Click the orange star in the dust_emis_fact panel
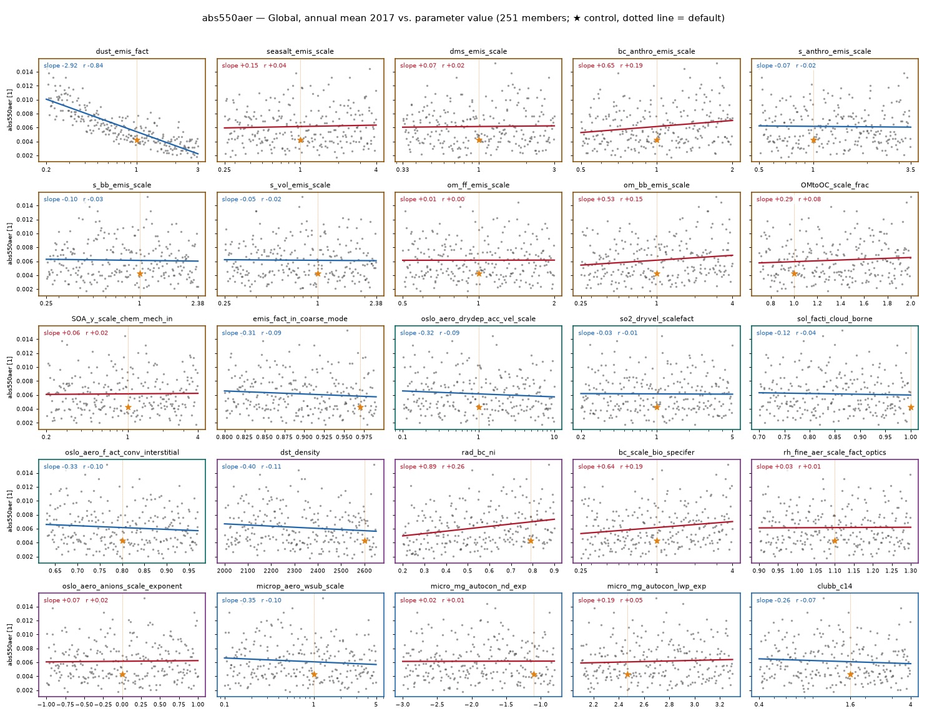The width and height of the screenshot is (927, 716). [137, 140]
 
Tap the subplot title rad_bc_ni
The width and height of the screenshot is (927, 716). [478, 452]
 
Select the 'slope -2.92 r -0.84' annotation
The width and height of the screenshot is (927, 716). [74, 66]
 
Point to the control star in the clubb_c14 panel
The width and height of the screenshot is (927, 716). [850, 675]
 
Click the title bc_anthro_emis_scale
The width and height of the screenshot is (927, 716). [657, 51]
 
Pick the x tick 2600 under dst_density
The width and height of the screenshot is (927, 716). [364, 571]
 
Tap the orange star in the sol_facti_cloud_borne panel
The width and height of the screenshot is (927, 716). [911, 407]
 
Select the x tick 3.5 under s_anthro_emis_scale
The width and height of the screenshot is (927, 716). [910, 170]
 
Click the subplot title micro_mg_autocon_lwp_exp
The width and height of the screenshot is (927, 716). [657, 586]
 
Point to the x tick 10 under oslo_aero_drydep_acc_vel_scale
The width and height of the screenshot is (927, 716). [554, 437]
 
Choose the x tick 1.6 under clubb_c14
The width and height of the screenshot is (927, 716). [850, 705]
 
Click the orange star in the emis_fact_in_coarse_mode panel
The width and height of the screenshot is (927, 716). [360, 407]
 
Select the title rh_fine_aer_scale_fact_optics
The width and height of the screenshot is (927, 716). [835, 452]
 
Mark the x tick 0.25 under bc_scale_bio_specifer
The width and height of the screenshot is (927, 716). [581, 571]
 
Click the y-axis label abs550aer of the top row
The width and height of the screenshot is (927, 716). [10, 110]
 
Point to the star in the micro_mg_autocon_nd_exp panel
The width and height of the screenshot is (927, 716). [534, 675]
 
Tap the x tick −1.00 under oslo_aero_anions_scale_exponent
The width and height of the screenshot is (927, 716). [46, 705]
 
